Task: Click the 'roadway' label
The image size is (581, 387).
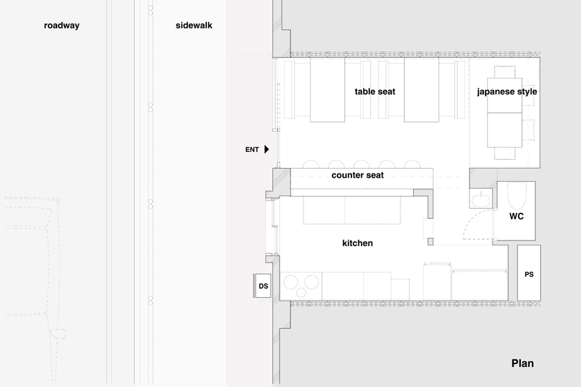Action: pos(62,26)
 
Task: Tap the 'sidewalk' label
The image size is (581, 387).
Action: pos(194,26)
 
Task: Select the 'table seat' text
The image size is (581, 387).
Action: pos(375,91)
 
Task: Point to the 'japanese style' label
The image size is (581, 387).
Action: pos(507,92)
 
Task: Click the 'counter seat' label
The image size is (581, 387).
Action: pos(358,175)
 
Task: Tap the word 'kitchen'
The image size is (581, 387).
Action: pos(358,243)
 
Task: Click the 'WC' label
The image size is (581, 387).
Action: pos(516,216)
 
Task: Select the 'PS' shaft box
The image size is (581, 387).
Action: pos(528,272)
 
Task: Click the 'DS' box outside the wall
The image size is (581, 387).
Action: pos(263,285)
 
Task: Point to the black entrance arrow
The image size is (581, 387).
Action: pos(266,149)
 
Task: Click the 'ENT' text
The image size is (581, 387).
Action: pos(252,149)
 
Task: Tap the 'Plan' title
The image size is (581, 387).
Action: pos(522,364)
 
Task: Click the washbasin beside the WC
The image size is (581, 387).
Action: pos(481,200)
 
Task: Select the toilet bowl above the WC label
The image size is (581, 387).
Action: pos(517,196)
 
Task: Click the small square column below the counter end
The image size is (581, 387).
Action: pos(430,242)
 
